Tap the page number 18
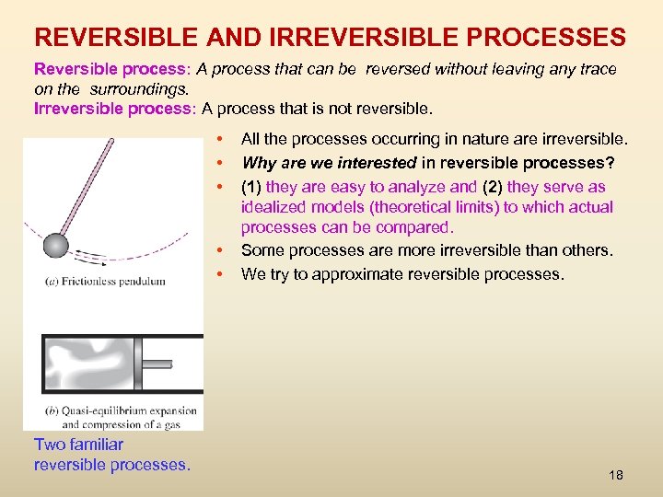coord(616,475)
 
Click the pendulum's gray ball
coord(57,245)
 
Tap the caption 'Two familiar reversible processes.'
coord(111,455)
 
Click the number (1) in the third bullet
coord(251,187)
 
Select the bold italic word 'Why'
coord(258,163)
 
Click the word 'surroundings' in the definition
coord(141,89)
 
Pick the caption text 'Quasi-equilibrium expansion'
coord(123,411)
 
